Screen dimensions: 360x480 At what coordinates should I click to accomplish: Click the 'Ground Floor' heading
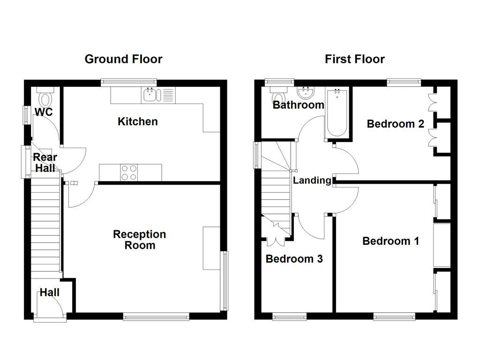(123, 59)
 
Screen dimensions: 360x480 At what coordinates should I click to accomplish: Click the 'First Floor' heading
(354, 59)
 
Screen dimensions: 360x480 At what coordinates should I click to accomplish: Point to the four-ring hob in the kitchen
(129, 172)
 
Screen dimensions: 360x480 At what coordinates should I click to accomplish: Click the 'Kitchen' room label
(137, 122)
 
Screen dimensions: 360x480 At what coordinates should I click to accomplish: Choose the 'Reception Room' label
(140, 240)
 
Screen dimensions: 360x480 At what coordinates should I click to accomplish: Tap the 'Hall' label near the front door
(49, 292)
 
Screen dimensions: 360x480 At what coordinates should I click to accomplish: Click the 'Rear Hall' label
(45, 163)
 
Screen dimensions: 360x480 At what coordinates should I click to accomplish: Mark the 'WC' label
(44, 112)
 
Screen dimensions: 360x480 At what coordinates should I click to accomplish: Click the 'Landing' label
(312, 180)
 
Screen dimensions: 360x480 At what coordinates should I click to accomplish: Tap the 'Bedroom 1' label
(390, 241)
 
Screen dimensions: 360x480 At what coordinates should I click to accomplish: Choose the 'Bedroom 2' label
(395, 124)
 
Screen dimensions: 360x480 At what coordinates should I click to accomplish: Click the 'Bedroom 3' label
(294, 259)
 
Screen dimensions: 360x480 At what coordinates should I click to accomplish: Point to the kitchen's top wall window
(128, 82)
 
